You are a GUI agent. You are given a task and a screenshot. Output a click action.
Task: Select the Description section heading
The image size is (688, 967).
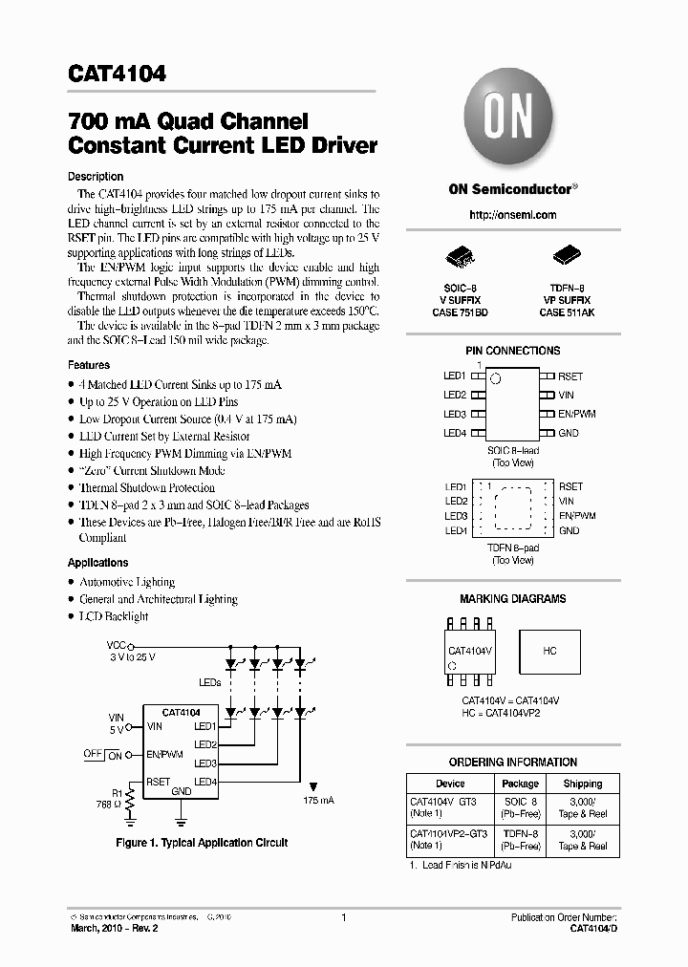coord(96,177)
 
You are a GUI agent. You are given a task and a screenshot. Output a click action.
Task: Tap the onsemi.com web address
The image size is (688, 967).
coord(512,216)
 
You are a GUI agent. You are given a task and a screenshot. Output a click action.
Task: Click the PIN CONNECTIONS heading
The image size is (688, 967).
coord(512,352)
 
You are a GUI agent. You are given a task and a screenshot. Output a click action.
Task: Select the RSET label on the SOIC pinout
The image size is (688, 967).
coord(570,376)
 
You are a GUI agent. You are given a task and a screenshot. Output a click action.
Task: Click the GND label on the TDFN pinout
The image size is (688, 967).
coord(570,530)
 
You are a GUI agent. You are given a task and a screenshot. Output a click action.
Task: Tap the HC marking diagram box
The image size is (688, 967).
coord(550,651)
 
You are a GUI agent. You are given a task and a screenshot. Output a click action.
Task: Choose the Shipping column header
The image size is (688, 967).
coord(582,784)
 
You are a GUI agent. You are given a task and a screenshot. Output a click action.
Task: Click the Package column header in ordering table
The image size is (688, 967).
coord(521,784)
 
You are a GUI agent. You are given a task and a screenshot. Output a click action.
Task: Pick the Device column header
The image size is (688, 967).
coord(449,784)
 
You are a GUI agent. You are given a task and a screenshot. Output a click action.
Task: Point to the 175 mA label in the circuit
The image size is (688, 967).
coord(318,801)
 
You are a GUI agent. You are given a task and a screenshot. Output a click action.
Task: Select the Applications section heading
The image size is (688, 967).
coord(98,563)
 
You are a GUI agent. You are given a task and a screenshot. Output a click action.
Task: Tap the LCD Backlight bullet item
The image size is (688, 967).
coord(114,616)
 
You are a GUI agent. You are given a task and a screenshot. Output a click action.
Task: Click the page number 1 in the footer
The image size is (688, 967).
coord(343,918)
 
